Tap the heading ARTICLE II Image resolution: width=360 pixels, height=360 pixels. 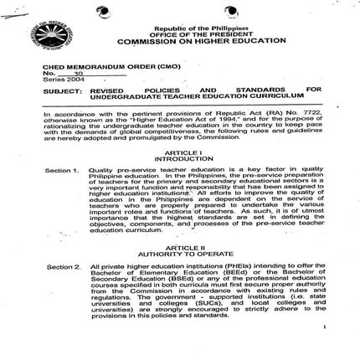(x=190, y=248)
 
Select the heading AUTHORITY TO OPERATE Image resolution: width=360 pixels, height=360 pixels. (x=190, y=254)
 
